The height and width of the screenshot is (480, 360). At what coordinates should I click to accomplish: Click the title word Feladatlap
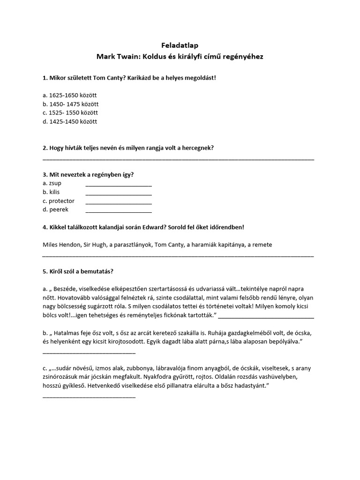pyautogui.click(x=180, y=45)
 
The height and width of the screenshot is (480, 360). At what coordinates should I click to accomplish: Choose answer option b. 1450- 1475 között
pyautogui.click(x=70, y=104)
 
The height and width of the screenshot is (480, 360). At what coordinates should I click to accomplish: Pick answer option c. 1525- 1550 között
pyautogui.click(x=70, y=113)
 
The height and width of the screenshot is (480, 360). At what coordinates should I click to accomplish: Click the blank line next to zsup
pyautogui.click(x=119, y=185)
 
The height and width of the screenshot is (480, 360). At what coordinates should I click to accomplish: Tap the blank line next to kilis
pyautogui.click(x=119, y=194)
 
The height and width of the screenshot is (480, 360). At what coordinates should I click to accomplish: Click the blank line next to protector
pyautogui.click(x=119, y=203)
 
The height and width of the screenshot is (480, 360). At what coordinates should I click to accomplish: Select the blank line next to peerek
pyautogui.click(x=119, y=212)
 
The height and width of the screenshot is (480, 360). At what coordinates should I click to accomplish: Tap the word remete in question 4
pyautogui.click(x=262, y=245)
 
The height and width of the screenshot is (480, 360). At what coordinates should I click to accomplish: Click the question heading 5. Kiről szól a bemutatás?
pyautogui.click(x=78, y=271)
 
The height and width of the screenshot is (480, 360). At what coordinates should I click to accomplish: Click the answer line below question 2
pyautogui.click(x=178, y=159)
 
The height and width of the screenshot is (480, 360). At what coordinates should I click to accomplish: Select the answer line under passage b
pyautogui.click(x=89, y=352)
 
